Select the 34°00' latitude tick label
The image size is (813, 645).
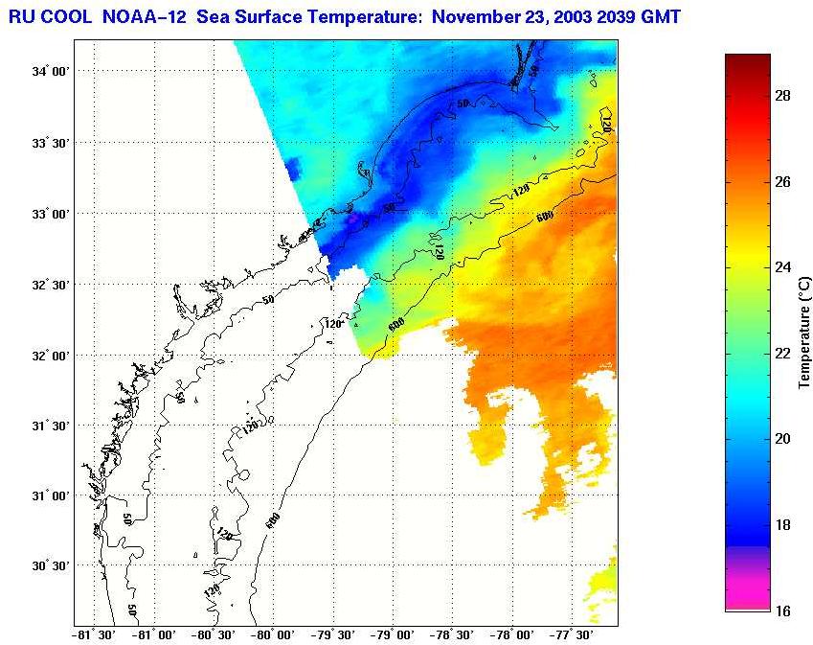[x=49, y=72]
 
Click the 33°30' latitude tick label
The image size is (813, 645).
[x=49, y=143]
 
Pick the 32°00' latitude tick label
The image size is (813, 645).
[x=49, y=355]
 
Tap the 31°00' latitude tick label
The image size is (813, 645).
[x=49, y=495]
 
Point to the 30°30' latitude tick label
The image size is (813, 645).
[x=49, y=566]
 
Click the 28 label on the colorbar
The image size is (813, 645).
[x=782, y=96]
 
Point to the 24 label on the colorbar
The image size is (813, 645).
[x=782, y=267]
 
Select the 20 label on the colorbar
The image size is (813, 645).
[x=782, y=439]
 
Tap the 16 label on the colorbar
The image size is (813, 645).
[x=782, y=610]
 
